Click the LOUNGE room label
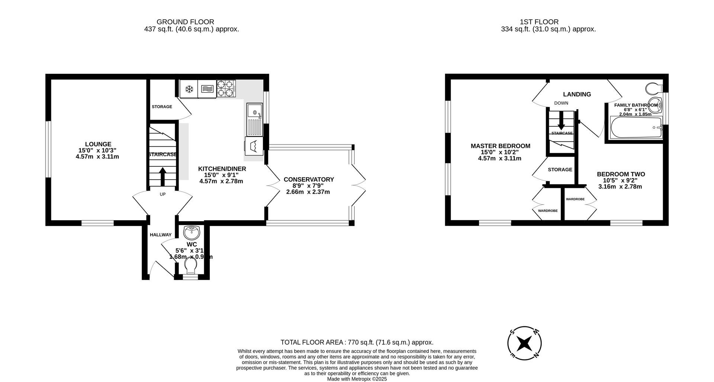[x=98, y=144]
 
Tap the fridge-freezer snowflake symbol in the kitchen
[x=189, y=89]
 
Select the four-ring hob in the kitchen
[x=226, y=89]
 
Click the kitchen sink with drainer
[x=255, y=119]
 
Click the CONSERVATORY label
[x=309, y=180]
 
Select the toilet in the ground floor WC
[x=191, y=266]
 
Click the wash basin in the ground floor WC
[x=192, y=232]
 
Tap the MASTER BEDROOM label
[x=501, y=146]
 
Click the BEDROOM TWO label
[x=621, y=174]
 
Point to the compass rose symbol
[x=524, y=343]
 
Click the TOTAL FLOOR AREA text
[x=357, y=342]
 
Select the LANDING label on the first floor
[x=577, y=94]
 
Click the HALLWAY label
[x=161, y=235]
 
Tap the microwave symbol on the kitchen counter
[x=207, y=89]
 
